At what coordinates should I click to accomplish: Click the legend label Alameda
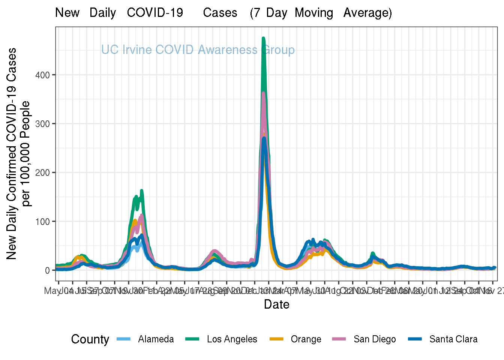point(156,339)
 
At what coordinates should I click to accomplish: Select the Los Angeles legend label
point(232,339)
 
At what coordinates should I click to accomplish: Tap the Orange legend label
point(306,339)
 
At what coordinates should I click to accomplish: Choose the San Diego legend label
point(375,339)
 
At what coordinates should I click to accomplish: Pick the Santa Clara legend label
point(453,339)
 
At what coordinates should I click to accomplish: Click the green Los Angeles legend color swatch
point(192,339)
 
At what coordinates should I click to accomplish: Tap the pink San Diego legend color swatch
point(339,339)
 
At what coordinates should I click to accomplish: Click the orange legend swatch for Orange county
point(276,339)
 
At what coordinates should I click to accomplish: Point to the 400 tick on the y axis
point(42,75)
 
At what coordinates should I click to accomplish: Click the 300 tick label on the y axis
point(42,124)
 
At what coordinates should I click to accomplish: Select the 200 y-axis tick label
point(42,172)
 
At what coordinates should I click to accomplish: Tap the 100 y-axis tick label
point(42,222)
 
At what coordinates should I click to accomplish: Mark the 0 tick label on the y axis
point(47,270)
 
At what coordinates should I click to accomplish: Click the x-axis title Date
point(276,304)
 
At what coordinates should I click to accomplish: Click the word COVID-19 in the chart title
point(155,13)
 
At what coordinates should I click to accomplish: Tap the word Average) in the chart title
point(367,13)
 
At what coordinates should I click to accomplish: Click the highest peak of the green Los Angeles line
point(263,38)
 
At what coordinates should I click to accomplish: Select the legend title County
point(90,339)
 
